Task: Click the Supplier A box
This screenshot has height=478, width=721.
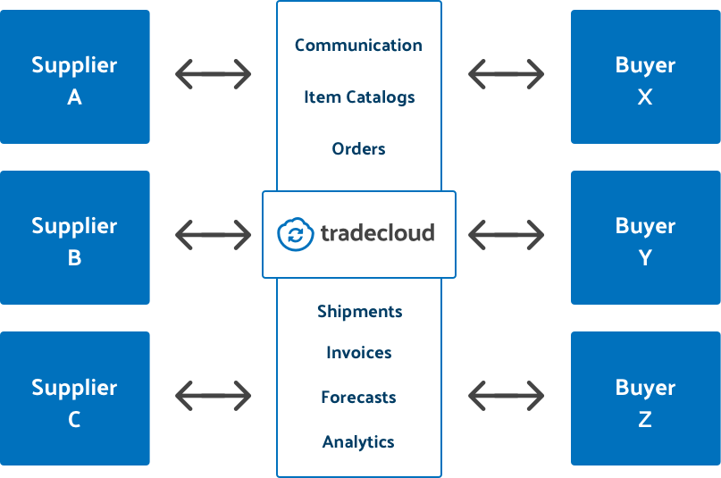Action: [x=74, y=77]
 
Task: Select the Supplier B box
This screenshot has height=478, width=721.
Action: [x=74, y=238]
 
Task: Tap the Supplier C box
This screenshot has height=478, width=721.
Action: [x=74, y=398]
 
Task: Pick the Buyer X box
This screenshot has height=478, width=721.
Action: [x=645, y=77]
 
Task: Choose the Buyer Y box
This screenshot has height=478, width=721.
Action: [x=645, y=238]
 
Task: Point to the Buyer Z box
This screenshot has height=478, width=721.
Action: [x=645, y=398]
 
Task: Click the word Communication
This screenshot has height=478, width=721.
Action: [x=358, y=45]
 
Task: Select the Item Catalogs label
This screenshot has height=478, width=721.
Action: [x=359, y=97]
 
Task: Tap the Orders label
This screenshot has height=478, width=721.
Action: [x=358, y=148]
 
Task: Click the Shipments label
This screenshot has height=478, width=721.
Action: [x=359, y=312]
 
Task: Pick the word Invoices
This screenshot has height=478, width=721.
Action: [x=358, y=353]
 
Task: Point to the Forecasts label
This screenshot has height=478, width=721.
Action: [x=358, y=398]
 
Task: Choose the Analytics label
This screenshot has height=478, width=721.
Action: [x=358, y=442]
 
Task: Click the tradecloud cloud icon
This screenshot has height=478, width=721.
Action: [x=295, y=234]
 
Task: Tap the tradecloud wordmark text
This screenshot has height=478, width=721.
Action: [x=376, y=234]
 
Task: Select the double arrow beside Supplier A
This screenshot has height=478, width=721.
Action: [x=213, y=73]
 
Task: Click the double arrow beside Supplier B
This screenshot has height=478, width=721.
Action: [x=213, y=235]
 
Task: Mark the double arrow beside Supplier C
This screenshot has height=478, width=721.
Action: [x=213, y=394]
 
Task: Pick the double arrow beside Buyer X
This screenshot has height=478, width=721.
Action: [x=506, y=73]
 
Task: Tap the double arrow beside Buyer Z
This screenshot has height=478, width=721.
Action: [x=506, y=394]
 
